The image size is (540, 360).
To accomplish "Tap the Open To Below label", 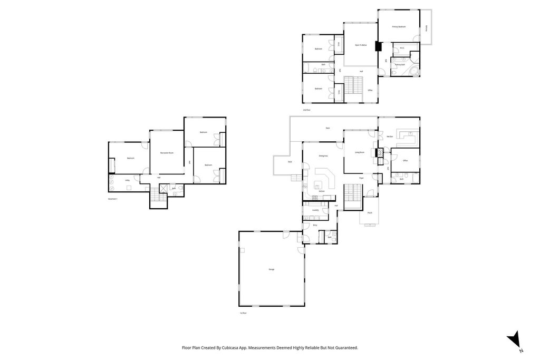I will [360, 45].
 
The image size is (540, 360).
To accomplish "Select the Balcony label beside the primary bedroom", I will [427, 27].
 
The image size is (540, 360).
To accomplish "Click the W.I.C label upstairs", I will [402, 48].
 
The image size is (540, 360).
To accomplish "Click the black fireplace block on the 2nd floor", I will [378, 46].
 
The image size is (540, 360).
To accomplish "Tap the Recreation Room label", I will [167, 153].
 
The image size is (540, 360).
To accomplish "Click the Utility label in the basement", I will [127, 180].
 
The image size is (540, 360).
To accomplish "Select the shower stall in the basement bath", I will [163, 188].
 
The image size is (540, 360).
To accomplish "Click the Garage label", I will [271, 269].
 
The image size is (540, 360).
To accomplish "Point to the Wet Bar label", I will [390, 137].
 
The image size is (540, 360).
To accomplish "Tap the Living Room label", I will [360, 152].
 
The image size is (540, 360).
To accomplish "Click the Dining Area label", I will [323, 156].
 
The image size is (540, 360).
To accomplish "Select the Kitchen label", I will [321, 191].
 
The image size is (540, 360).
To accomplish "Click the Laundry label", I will [315, 210].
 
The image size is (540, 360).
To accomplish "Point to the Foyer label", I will [361, 179].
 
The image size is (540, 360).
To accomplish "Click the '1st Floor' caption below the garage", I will [243, 313].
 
